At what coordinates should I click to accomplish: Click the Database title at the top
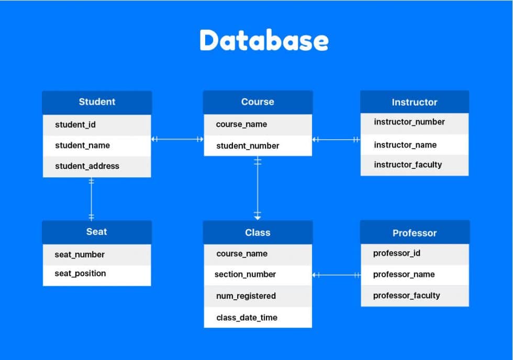click(x=264, y=41)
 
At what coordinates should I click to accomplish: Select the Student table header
click(x=97, y=102)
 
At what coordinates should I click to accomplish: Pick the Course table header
click(x=258, y=102)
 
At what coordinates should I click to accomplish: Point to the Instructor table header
click(x=414, y=103)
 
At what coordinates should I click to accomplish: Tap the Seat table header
click(x=97, y=232)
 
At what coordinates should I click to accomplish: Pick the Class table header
click(x=258, y=232)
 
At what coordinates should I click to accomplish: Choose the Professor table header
click(x=414, y=233)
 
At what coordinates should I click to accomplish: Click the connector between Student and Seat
click(x=92, y=199)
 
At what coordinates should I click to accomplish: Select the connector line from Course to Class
click(x=258, y=188)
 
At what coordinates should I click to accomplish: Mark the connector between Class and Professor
click(x=336, y=275)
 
